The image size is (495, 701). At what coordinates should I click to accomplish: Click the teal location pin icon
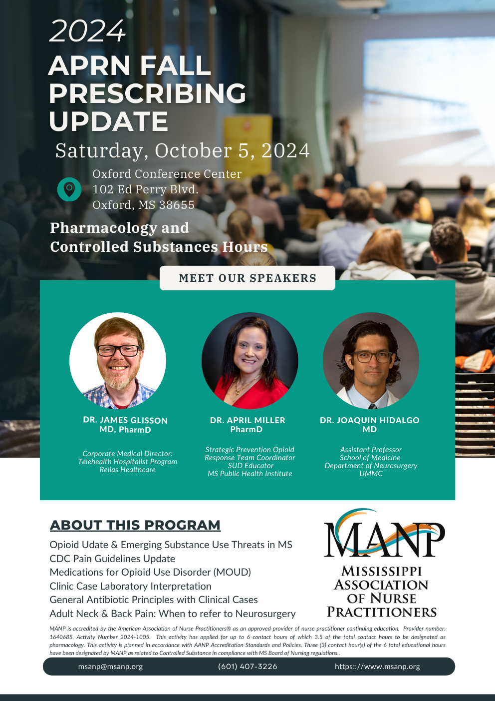point(69,189)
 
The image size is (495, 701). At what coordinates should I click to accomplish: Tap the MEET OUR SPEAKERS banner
point(247,278)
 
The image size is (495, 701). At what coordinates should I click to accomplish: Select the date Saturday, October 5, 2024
point(183,151)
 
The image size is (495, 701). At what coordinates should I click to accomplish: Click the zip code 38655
point(177,205)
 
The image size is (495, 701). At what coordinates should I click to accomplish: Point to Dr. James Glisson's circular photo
point(118,361)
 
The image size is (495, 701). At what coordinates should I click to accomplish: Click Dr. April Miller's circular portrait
point(249,361)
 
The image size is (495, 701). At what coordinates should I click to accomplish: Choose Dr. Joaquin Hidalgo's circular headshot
point(371,361)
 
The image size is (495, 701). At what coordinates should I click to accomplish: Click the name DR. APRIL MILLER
point(247,420)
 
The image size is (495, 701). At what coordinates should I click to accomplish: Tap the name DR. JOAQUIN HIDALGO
point(370,420)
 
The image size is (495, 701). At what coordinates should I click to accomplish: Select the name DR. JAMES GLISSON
point(125,420)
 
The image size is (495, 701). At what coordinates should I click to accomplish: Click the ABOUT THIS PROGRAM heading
point(135,525)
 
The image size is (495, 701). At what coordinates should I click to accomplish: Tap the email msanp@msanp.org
point(110,667)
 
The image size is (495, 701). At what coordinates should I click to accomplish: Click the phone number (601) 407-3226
point(247,667)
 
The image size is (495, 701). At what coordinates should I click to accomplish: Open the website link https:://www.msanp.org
point(377,667)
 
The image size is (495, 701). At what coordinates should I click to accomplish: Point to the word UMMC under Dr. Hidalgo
point(371,474)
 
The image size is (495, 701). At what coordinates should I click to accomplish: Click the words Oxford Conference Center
point(167,174)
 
